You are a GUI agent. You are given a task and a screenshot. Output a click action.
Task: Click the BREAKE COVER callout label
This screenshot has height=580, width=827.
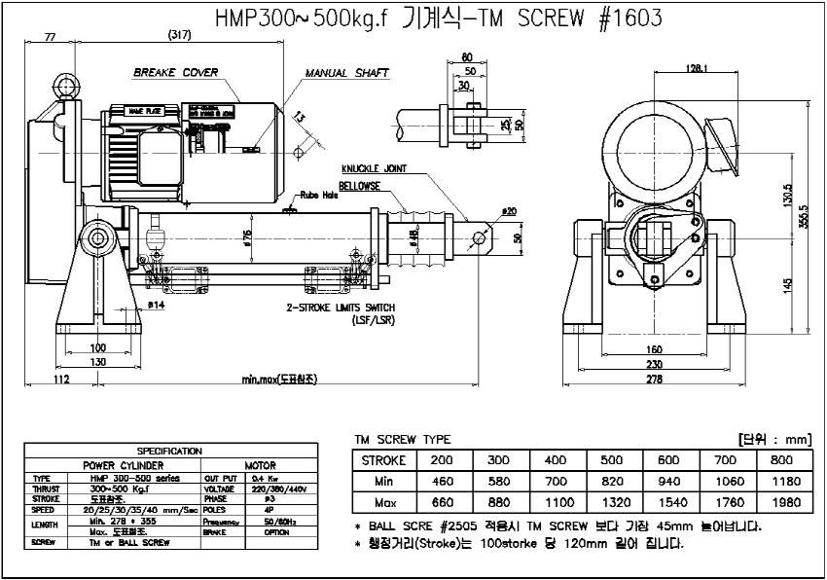175,72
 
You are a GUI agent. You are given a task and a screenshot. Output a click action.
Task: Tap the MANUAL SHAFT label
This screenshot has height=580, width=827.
346,72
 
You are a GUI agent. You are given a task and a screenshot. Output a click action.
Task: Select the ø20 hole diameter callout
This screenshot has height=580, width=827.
509,210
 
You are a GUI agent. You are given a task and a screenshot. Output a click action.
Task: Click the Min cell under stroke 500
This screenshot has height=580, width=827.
611,481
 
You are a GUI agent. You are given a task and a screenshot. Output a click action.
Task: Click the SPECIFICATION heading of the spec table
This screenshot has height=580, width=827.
170,451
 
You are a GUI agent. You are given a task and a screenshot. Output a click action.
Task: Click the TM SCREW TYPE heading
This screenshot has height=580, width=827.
401,440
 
